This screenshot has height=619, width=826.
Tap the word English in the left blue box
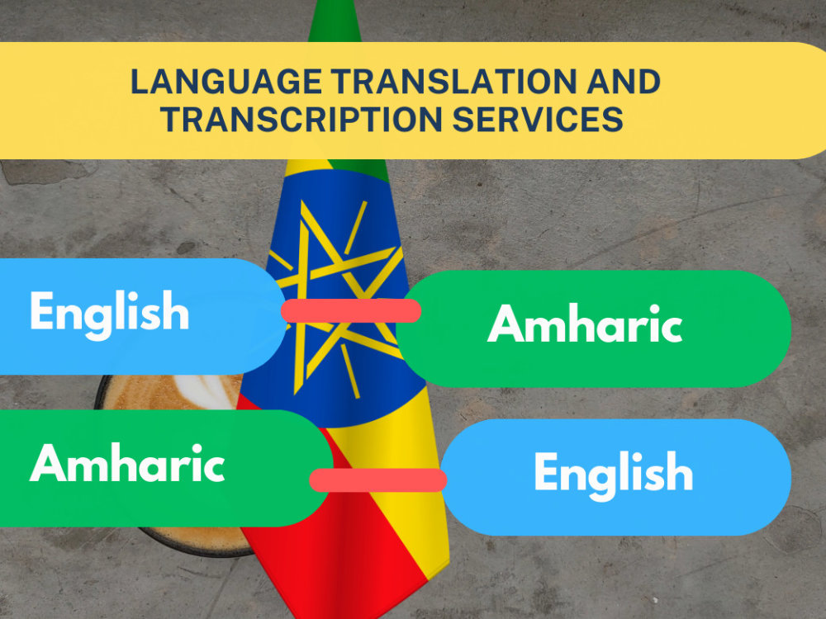tap(109, 313)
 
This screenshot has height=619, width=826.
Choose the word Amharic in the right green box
tap(585, 324)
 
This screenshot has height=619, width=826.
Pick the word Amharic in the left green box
tap(127, 464)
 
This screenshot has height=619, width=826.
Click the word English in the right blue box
tap(613, 473)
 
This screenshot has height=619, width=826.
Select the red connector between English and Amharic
tap(351, 310)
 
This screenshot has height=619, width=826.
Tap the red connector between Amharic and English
tap(378, 480)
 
